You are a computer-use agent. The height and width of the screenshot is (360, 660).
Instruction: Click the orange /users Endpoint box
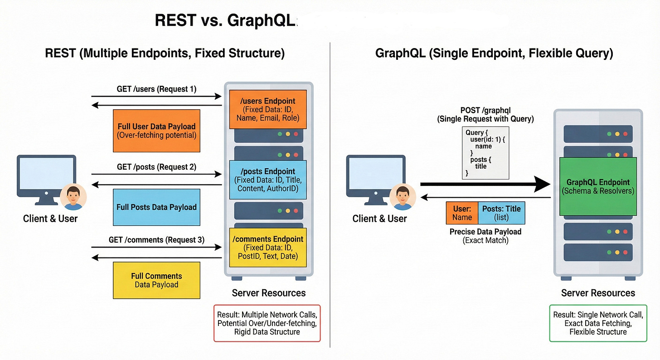coord(268,109)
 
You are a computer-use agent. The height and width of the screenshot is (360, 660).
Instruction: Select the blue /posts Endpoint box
coord(268,180)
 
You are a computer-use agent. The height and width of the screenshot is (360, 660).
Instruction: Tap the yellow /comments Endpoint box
coord(268,248)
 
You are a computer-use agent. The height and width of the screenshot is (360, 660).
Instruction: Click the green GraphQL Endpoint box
coord(598,186)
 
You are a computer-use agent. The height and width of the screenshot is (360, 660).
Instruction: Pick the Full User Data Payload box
coord(156,131)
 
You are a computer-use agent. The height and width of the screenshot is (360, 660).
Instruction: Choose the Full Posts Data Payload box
coord(156,207)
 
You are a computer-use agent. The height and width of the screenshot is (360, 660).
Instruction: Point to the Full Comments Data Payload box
coord(156,280)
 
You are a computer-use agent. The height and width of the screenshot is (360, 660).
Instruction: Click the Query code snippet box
coord(485,153)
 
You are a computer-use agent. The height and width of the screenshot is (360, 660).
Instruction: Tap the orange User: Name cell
coord(462,213)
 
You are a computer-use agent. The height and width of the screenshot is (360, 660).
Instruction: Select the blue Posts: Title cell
coord(501,213)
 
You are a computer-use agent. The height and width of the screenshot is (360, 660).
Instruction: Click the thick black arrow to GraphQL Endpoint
coord(485,184)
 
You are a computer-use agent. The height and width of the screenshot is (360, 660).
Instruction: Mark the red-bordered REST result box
coord(267,323)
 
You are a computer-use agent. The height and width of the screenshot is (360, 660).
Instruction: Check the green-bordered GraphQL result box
coord(598,323)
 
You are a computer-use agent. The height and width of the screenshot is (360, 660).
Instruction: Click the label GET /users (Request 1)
coord(156,89)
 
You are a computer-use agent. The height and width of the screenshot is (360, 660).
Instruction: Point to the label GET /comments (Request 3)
coord(156,239)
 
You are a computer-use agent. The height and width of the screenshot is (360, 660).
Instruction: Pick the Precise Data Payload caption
coord(485,232)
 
